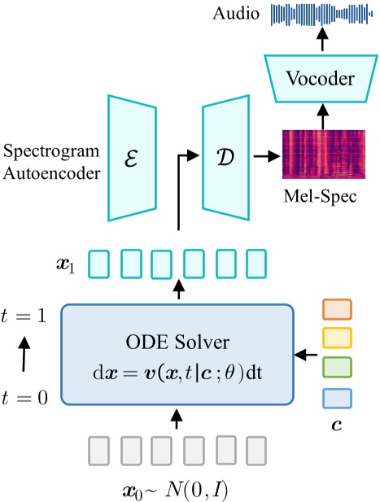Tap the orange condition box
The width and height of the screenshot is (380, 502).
coord(338,310)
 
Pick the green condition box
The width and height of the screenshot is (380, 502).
coord(338,369)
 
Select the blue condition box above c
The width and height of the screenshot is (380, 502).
coord(338,398)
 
